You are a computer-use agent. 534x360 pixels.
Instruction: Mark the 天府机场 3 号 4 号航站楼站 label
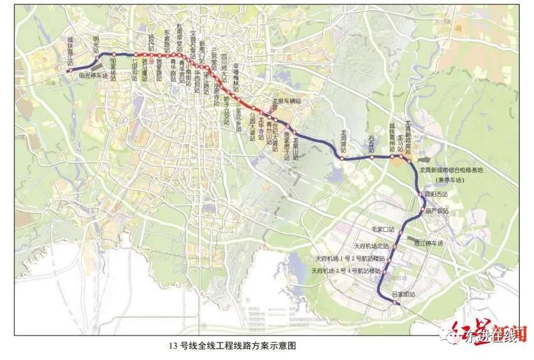tap(347, 271)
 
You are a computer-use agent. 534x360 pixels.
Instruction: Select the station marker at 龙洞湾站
tap(342, 159)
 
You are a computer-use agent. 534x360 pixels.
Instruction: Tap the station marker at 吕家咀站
tap(395, 302)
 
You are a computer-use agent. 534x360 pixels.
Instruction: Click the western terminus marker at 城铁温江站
tap(68, 71)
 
